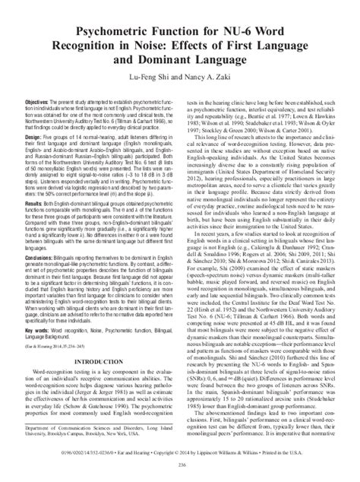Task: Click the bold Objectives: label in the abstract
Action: [37, 100]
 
